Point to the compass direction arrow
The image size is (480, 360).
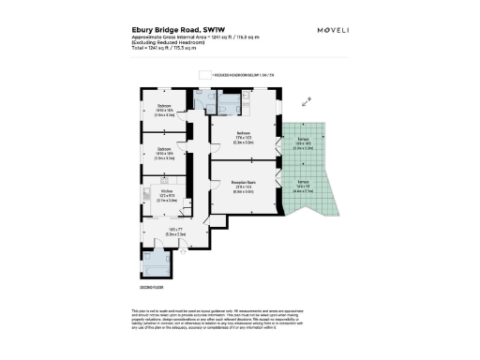point(305,103)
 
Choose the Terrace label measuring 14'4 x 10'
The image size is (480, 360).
point(303,182)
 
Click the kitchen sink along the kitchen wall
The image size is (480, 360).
point(148,194)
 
